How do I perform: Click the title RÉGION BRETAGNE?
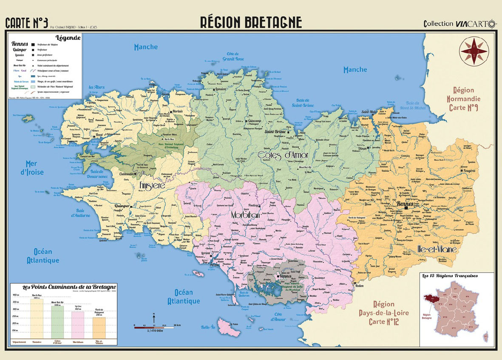tap(251, 22)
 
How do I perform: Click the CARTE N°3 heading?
tap(26, 23)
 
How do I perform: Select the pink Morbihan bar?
tap(78, 325)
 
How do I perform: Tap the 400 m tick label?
tap(16, 295)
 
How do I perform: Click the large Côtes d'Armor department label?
tap(283, 155)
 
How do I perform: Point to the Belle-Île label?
tap(208, 327)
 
